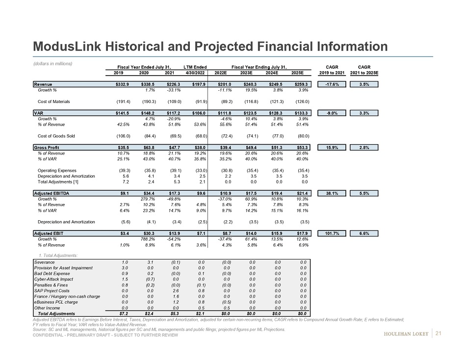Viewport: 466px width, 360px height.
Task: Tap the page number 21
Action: [x=439, y=335]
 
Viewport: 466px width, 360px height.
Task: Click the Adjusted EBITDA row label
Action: [x=52, y=193]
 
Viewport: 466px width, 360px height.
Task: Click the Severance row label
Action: [x=45, y=262]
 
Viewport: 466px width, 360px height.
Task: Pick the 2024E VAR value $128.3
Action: [x=275, y=113]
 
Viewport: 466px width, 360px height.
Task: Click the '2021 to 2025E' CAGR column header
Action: [x=364, y=73]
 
